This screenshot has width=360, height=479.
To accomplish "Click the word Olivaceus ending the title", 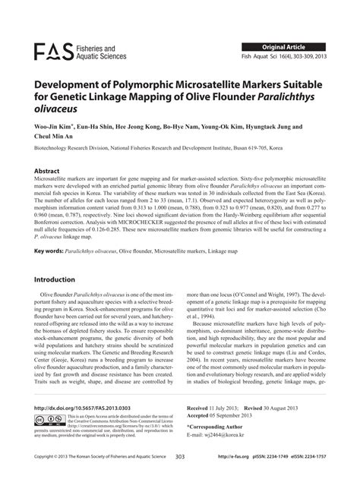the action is pos(60,109).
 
